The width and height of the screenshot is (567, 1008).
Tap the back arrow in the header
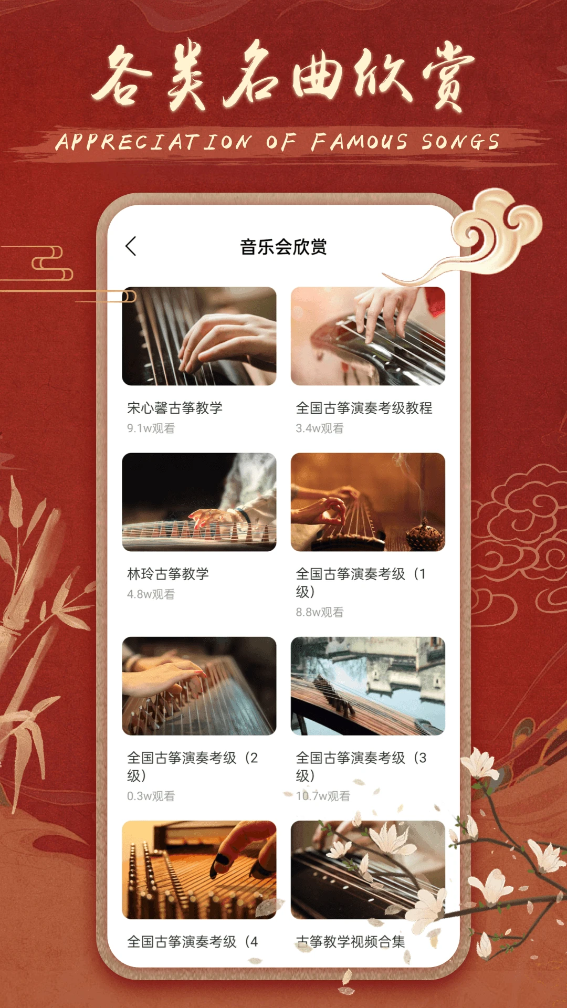pyautogui.click(x=131, y=246)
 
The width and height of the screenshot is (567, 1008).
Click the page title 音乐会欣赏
pyautogui.click(x=283, y=247)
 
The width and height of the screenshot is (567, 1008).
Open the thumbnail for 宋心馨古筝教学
pyautogui.click(x=199, y=336)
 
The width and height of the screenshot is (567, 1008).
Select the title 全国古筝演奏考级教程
pyautogui.click(x=364, y=408)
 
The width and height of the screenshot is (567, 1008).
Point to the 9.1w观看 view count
pyautogui.click(x=151, y=428)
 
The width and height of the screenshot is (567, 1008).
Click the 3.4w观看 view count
pyautogui.click(x=320, y=428)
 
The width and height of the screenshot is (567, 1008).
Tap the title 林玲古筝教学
pyautogui.click(x=168, y=574)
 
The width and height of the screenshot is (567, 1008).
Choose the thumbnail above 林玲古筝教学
pyautogui.click(x=199, y=502)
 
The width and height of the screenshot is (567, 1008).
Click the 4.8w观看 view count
pyautogui.click(x=151, y=594)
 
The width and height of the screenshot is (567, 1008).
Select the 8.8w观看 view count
pyautogui.click(x=320, y=612)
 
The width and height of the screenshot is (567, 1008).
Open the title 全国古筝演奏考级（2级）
pyautogui.click(x=193, y=766)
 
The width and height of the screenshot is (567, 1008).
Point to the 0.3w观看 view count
pyautogui.click(x=151, y=796)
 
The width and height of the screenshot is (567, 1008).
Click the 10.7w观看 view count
pyautogui.click(x=323, y=796)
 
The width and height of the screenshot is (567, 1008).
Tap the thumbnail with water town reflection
pyautogui.click(x=368, y=686)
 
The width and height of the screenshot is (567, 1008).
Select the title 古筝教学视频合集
pyautogui.click(x=351, y=942)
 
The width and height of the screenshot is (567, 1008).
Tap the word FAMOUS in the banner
pyautogui.click(x=359, y=142)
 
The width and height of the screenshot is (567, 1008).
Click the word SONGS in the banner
pyautogui.click(x=460, y=142)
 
